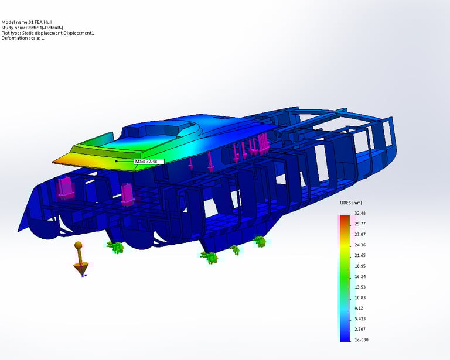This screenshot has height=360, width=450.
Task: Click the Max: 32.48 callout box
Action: pos(149,162)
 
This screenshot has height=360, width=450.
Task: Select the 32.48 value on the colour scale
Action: pos(360,213)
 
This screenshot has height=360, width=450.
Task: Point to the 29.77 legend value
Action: pos(360,224)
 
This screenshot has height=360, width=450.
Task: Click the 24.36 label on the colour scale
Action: pos(360,245)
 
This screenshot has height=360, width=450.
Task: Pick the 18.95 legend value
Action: pos(360,266)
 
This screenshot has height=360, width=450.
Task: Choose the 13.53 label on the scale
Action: pos(360,287)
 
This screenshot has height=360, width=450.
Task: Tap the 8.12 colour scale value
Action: pos(359,308)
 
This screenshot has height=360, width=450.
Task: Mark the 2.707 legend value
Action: pos(360,330)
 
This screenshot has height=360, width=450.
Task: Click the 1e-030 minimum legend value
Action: pos(362,340)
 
